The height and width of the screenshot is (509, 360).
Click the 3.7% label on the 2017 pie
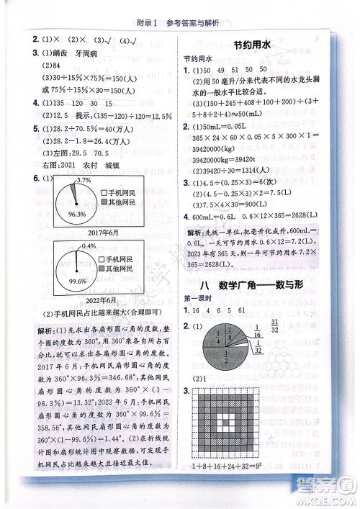tap(84, 179)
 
